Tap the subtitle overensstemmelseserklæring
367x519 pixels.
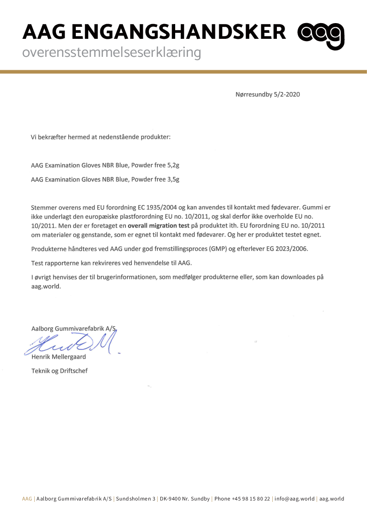pyautogui.click(x=112, y=53)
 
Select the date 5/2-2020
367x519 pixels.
pyautogui.click(x=287, y=94)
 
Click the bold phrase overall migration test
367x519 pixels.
pyautogui.click(x=158, y=226)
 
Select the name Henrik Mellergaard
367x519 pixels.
pyautogui.click(x=58, y=357)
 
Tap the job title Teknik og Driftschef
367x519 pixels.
pyautogui.click(x=59, y=371)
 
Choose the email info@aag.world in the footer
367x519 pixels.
pyautogui.click(x=294, y=499)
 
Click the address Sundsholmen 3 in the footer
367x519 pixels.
pyautogui.click(x=135, y=499)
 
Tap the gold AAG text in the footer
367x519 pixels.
pyautogui.click(x=27, y=499)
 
